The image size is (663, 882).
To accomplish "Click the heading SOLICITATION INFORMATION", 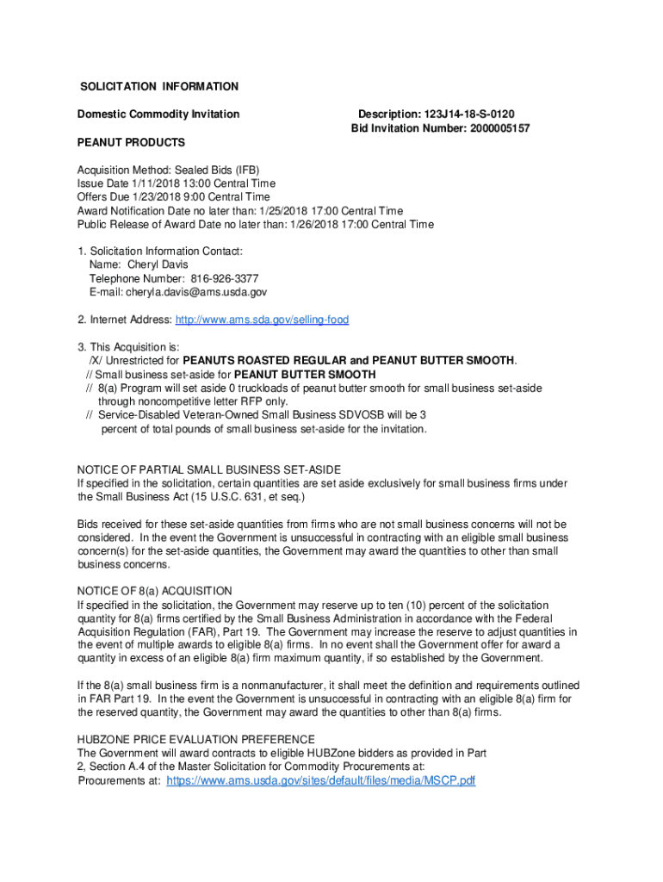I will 159,87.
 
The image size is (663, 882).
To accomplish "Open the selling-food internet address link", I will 262,320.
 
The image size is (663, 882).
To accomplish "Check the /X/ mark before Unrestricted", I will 97,360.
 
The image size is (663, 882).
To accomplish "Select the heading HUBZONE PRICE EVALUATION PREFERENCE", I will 195,739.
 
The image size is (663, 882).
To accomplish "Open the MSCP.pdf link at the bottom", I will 320,780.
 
